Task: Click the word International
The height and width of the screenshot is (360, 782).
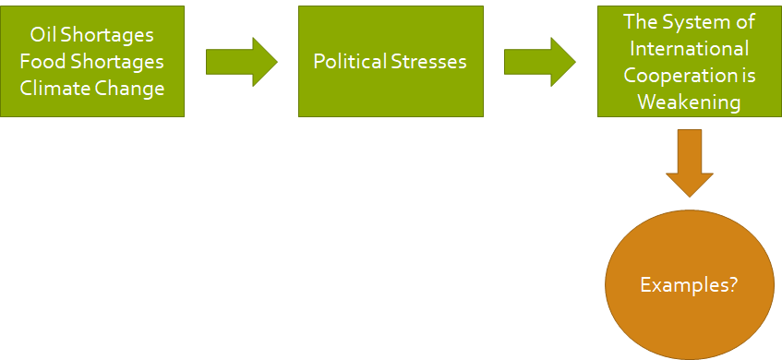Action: click(x=688, y=48)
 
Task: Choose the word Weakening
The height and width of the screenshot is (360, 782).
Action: click(x=688, y=102)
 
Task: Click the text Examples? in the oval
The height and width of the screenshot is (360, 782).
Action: click(x=689, y=284)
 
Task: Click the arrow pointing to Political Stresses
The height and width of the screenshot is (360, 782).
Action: click(x=241, y=62)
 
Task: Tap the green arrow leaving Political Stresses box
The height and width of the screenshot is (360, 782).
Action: click(x=539, y=62)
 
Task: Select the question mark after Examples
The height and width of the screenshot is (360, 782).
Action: click(x=732, y=284)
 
